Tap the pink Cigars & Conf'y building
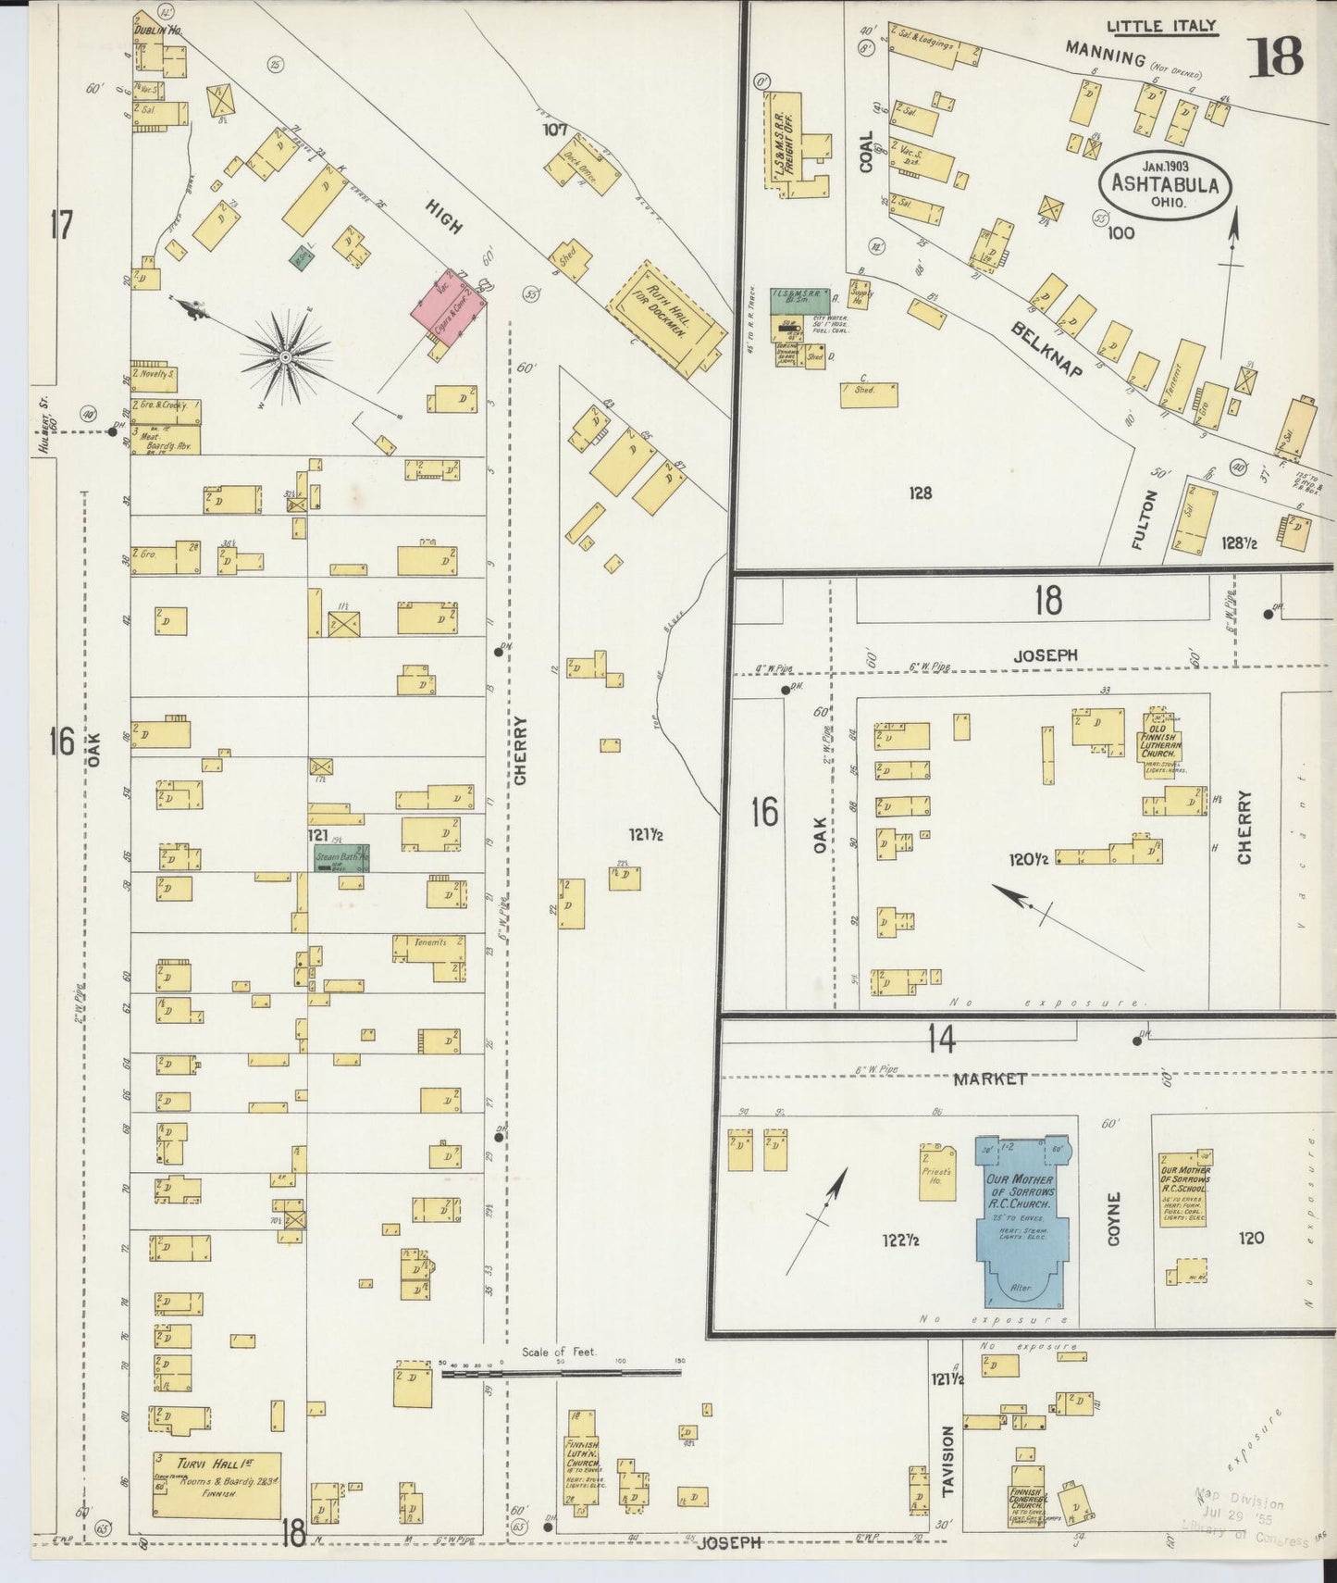point(449,305)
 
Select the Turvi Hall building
point(217,1485)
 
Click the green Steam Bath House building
point(341,857)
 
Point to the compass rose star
point(286,355)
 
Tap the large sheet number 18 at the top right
point(1276,57)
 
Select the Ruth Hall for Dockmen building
point(666,319)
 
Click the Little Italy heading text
point(1163,27)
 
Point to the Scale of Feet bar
point(560,1375)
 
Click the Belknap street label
point(1046,349)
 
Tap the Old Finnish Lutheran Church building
point(1158,743)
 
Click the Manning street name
point(1104,55)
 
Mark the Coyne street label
point(1113,1218)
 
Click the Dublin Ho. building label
point(156,31)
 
